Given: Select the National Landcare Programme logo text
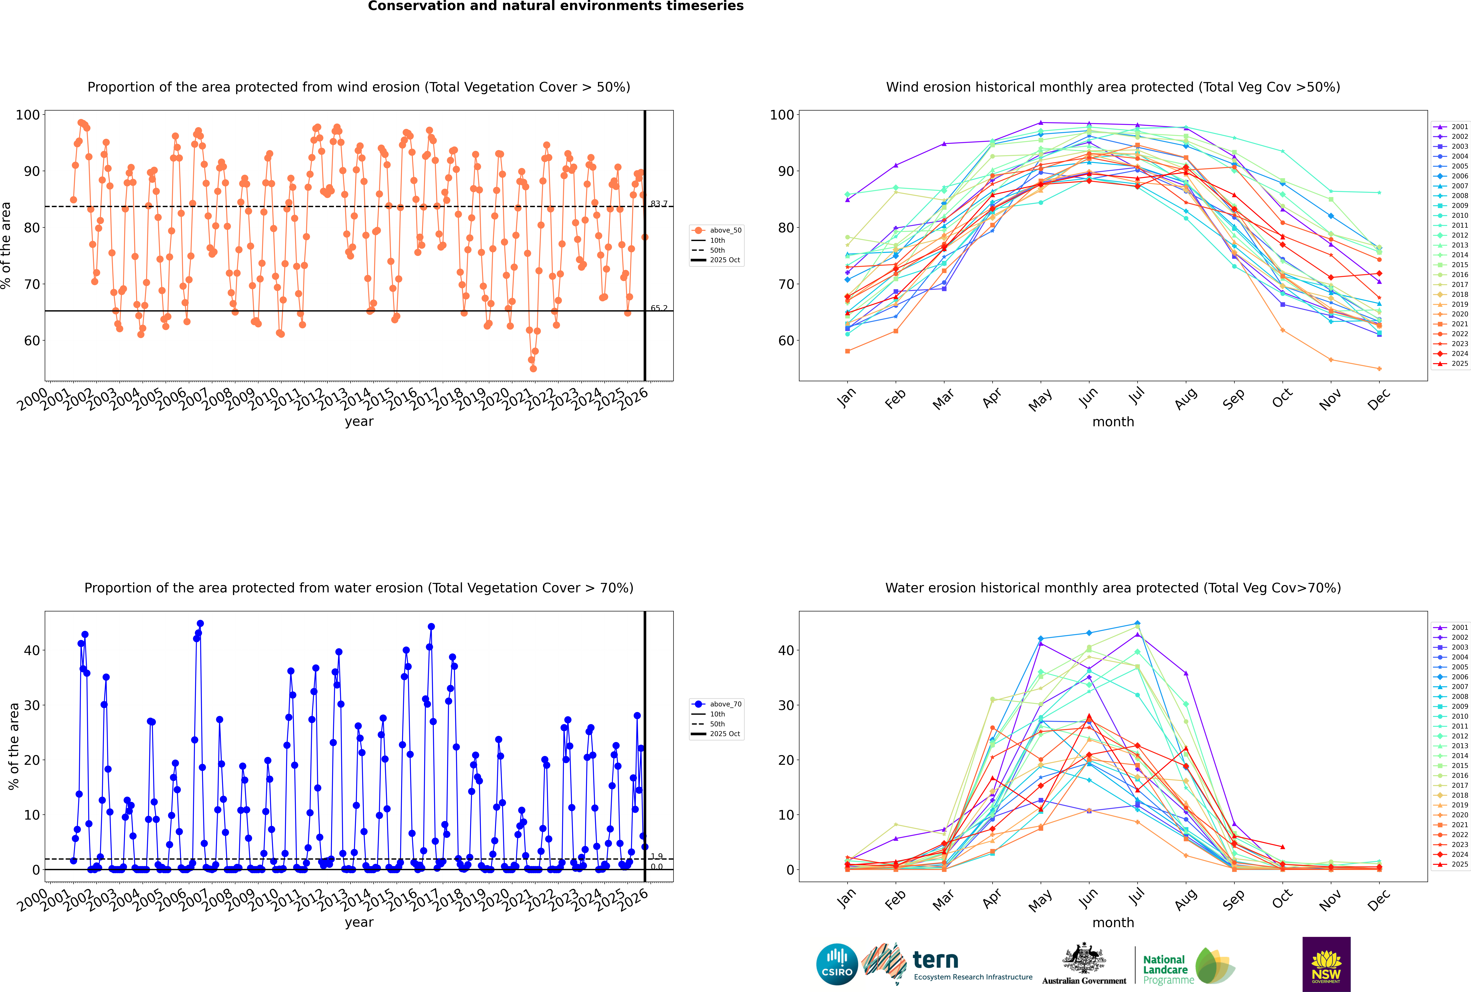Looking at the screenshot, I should [x=1165, y=969].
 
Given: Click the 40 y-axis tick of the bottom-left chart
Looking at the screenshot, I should [x=32, y=650].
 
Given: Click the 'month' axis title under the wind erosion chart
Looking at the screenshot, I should [x=1113, y=422].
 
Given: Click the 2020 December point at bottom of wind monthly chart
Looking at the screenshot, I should [x=1379, y=369].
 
